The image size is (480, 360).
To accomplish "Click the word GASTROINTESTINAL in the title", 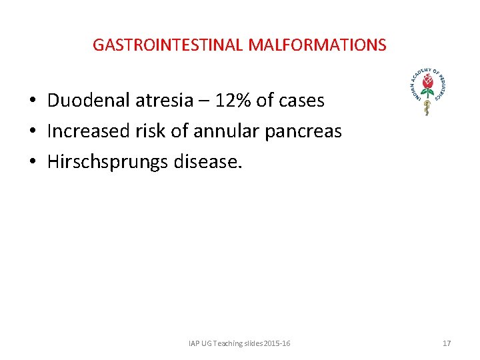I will coord(168,45).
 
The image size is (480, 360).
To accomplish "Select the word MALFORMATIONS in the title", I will coord(317,45).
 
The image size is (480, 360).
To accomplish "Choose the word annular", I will coord(227,131).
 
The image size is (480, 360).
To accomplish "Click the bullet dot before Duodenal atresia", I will coord(32,101).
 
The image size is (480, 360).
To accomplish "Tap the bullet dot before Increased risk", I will coord(32,132).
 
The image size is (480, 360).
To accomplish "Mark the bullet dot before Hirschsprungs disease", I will coord(32,163).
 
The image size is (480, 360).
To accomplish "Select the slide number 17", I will coord(447,343).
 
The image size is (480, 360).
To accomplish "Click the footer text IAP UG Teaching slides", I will coord(239,343).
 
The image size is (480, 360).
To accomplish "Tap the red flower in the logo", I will coord(427,83).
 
